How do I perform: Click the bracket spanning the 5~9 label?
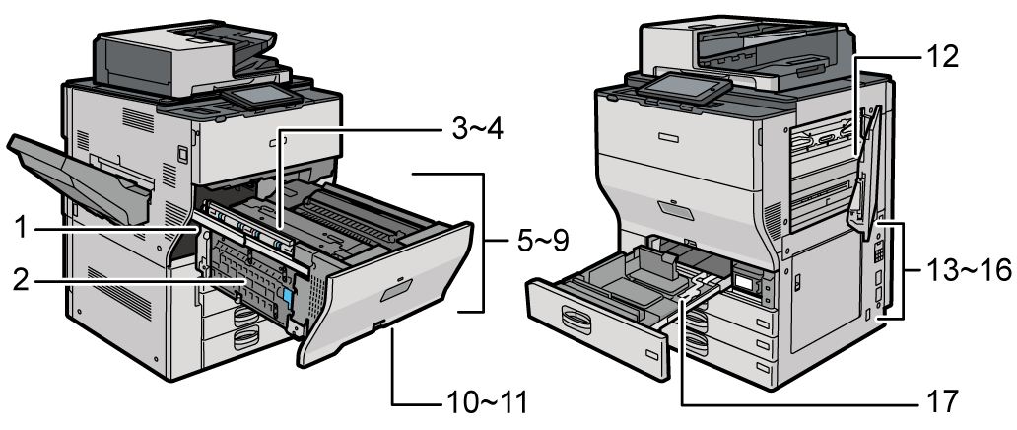point(481,242)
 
